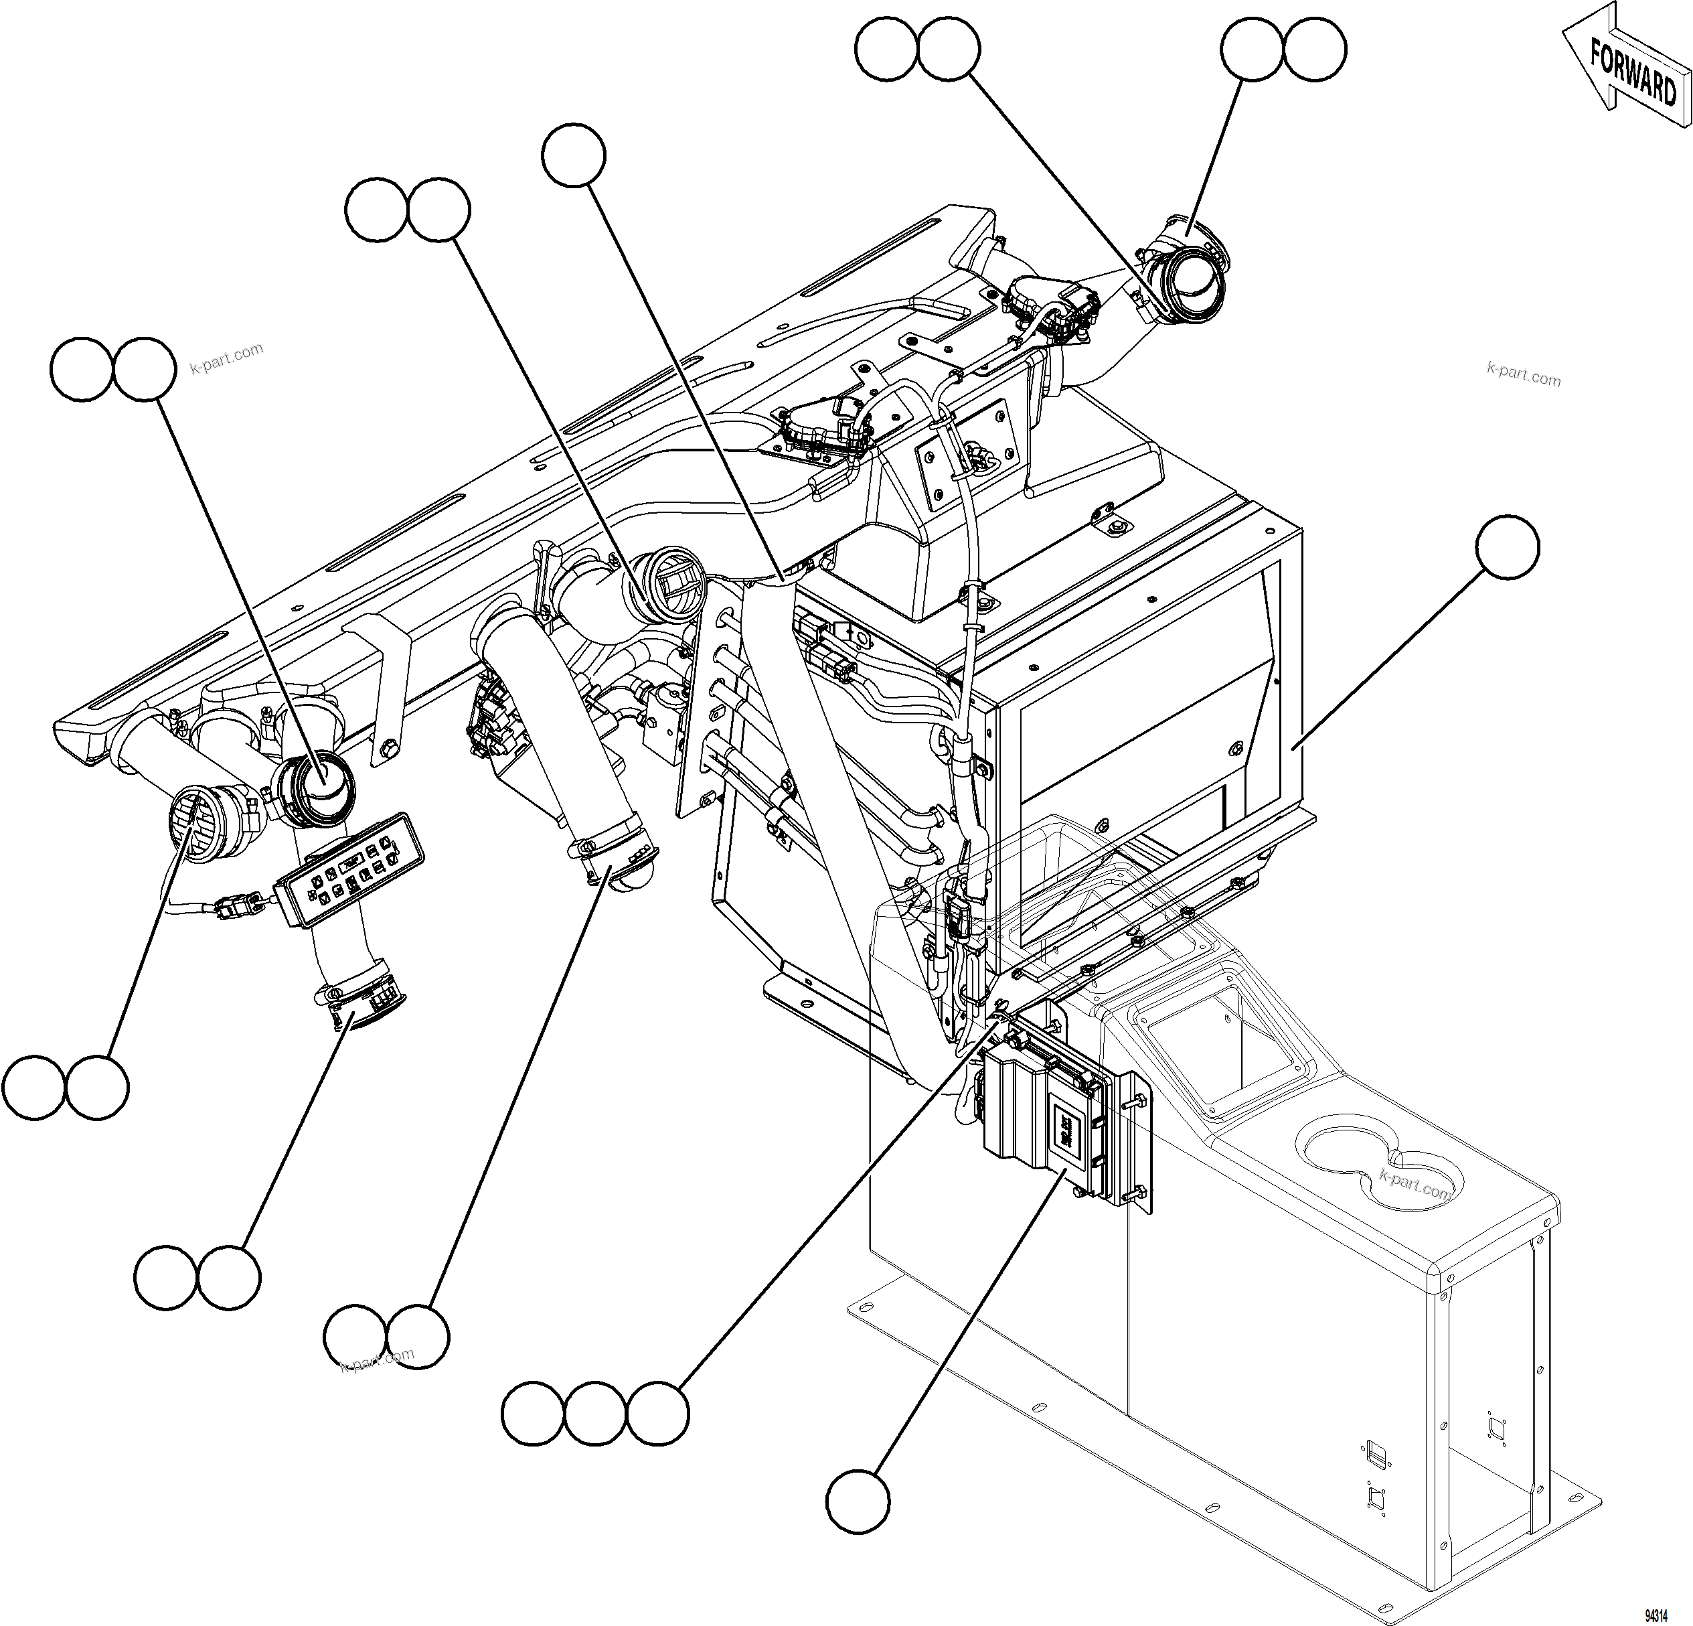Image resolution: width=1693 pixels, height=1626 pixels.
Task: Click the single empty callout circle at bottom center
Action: click(857, 1503)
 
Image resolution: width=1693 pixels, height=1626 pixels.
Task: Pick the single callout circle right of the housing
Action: click(1508, 548)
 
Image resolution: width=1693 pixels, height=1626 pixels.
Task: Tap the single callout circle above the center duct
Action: click(574, 155)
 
